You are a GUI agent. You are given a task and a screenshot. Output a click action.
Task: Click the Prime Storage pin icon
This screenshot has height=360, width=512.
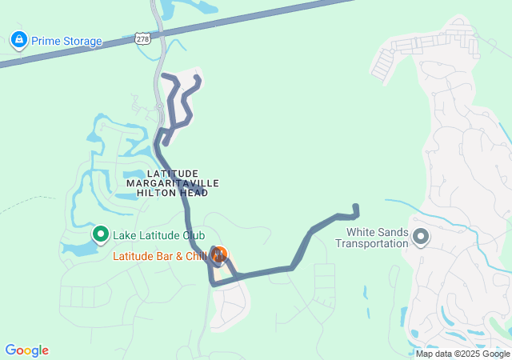18,39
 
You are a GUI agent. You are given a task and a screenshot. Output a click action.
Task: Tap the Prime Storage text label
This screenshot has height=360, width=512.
67,41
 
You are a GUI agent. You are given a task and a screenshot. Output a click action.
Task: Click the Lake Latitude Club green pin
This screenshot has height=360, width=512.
101,234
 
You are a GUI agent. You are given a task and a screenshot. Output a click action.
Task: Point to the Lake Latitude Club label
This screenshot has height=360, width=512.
159,235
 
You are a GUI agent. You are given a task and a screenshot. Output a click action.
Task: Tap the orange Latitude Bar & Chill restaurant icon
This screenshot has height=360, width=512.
218,255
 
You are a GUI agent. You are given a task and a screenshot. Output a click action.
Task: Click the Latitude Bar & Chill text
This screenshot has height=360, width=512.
160,256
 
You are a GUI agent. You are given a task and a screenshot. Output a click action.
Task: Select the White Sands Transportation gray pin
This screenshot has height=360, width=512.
422,237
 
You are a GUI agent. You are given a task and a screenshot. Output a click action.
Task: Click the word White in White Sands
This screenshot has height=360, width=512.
360,233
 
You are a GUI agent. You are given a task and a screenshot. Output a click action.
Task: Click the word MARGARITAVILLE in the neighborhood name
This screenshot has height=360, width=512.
173,183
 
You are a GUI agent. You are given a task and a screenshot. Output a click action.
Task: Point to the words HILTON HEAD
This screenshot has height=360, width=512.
172,193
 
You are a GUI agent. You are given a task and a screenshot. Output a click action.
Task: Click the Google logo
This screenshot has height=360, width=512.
26,350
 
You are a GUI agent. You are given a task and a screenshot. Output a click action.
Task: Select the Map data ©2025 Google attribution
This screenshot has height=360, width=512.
462,354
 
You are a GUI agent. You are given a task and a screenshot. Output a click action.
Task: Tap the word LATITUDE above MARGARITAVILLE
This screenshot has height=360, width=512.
172,174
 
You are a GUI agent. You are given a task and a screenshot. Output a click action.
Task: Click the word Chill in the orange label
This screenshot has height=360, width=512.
196,256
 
